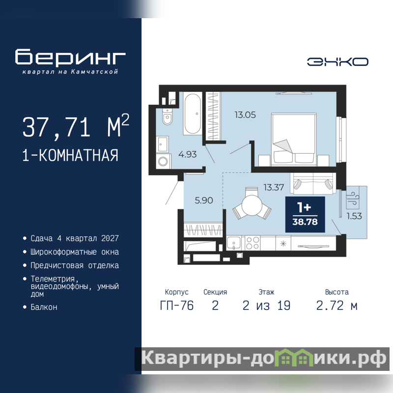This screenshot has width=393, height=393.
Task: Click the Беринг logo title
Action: pos(70,57)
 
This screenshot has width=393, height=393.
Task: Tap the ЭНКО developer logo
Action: pos(337,62)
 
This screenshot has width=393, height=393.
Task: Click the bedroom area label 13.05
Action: pos(245,115)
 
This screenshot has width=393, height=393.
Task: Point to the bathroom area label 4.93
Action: pos(188,154)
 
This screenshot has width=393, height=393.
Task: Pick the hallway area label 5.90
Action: pos(204,200)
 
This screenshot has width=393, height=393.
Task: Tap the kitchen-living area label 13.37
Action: pos(274,187)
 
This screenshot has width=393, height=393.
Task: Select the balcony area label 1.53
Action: pos(354,216)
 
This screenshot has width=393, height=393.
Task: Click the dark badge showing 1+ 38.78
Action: pos(305,214)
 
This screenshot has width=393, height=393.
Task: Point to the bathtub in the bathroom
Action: pos(193,113)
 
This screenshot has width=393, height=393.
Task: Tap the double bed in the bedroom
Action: pos(294,140)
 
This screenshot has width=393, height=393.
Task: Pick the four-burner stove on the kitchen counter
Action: pos(253,243)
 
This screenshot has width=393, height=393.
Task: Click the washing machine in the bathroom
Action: pos(164,161)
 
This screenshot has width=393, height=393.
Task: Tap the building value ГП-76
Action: pos(177,306)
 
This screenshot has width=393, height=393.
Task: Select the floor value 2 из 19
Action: pos(266,306)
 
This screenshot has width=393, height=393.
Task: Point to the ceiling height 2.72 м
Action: pos(337,306)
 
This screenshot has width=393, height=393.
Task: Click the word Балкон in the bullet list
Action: pos(44,307)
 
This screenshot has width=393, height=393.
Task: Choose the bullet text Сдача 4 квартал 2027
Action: pos(75,238)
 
